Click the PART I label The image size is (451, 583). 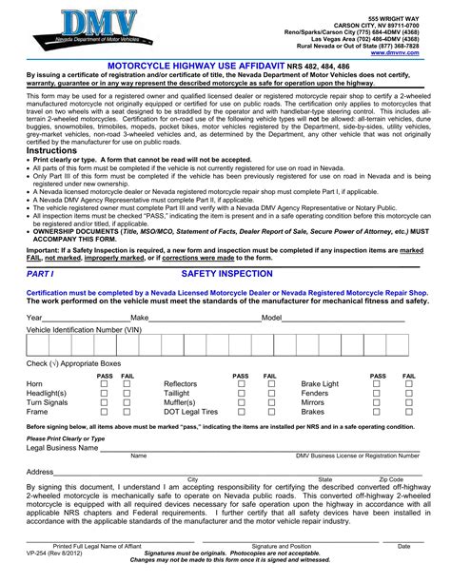(41, 273)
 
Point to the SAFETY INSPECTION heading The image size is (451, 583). (226, 273)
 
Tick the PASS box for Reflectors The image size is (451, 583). (242, 383)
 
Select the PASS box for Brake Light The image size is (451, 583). (378, 383)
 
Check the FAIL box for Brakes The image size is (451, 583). (409, 412)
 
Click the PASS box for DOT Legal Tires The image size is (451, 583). (242, 412)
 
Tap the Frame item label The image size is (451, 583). (37, 412)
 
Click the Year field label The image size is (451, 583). (34, 317)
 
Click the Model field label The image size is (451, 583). (272, 317)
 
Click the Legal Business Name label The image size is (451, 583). (63, 446)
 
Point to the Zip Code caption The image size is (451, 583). (391, 478)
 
